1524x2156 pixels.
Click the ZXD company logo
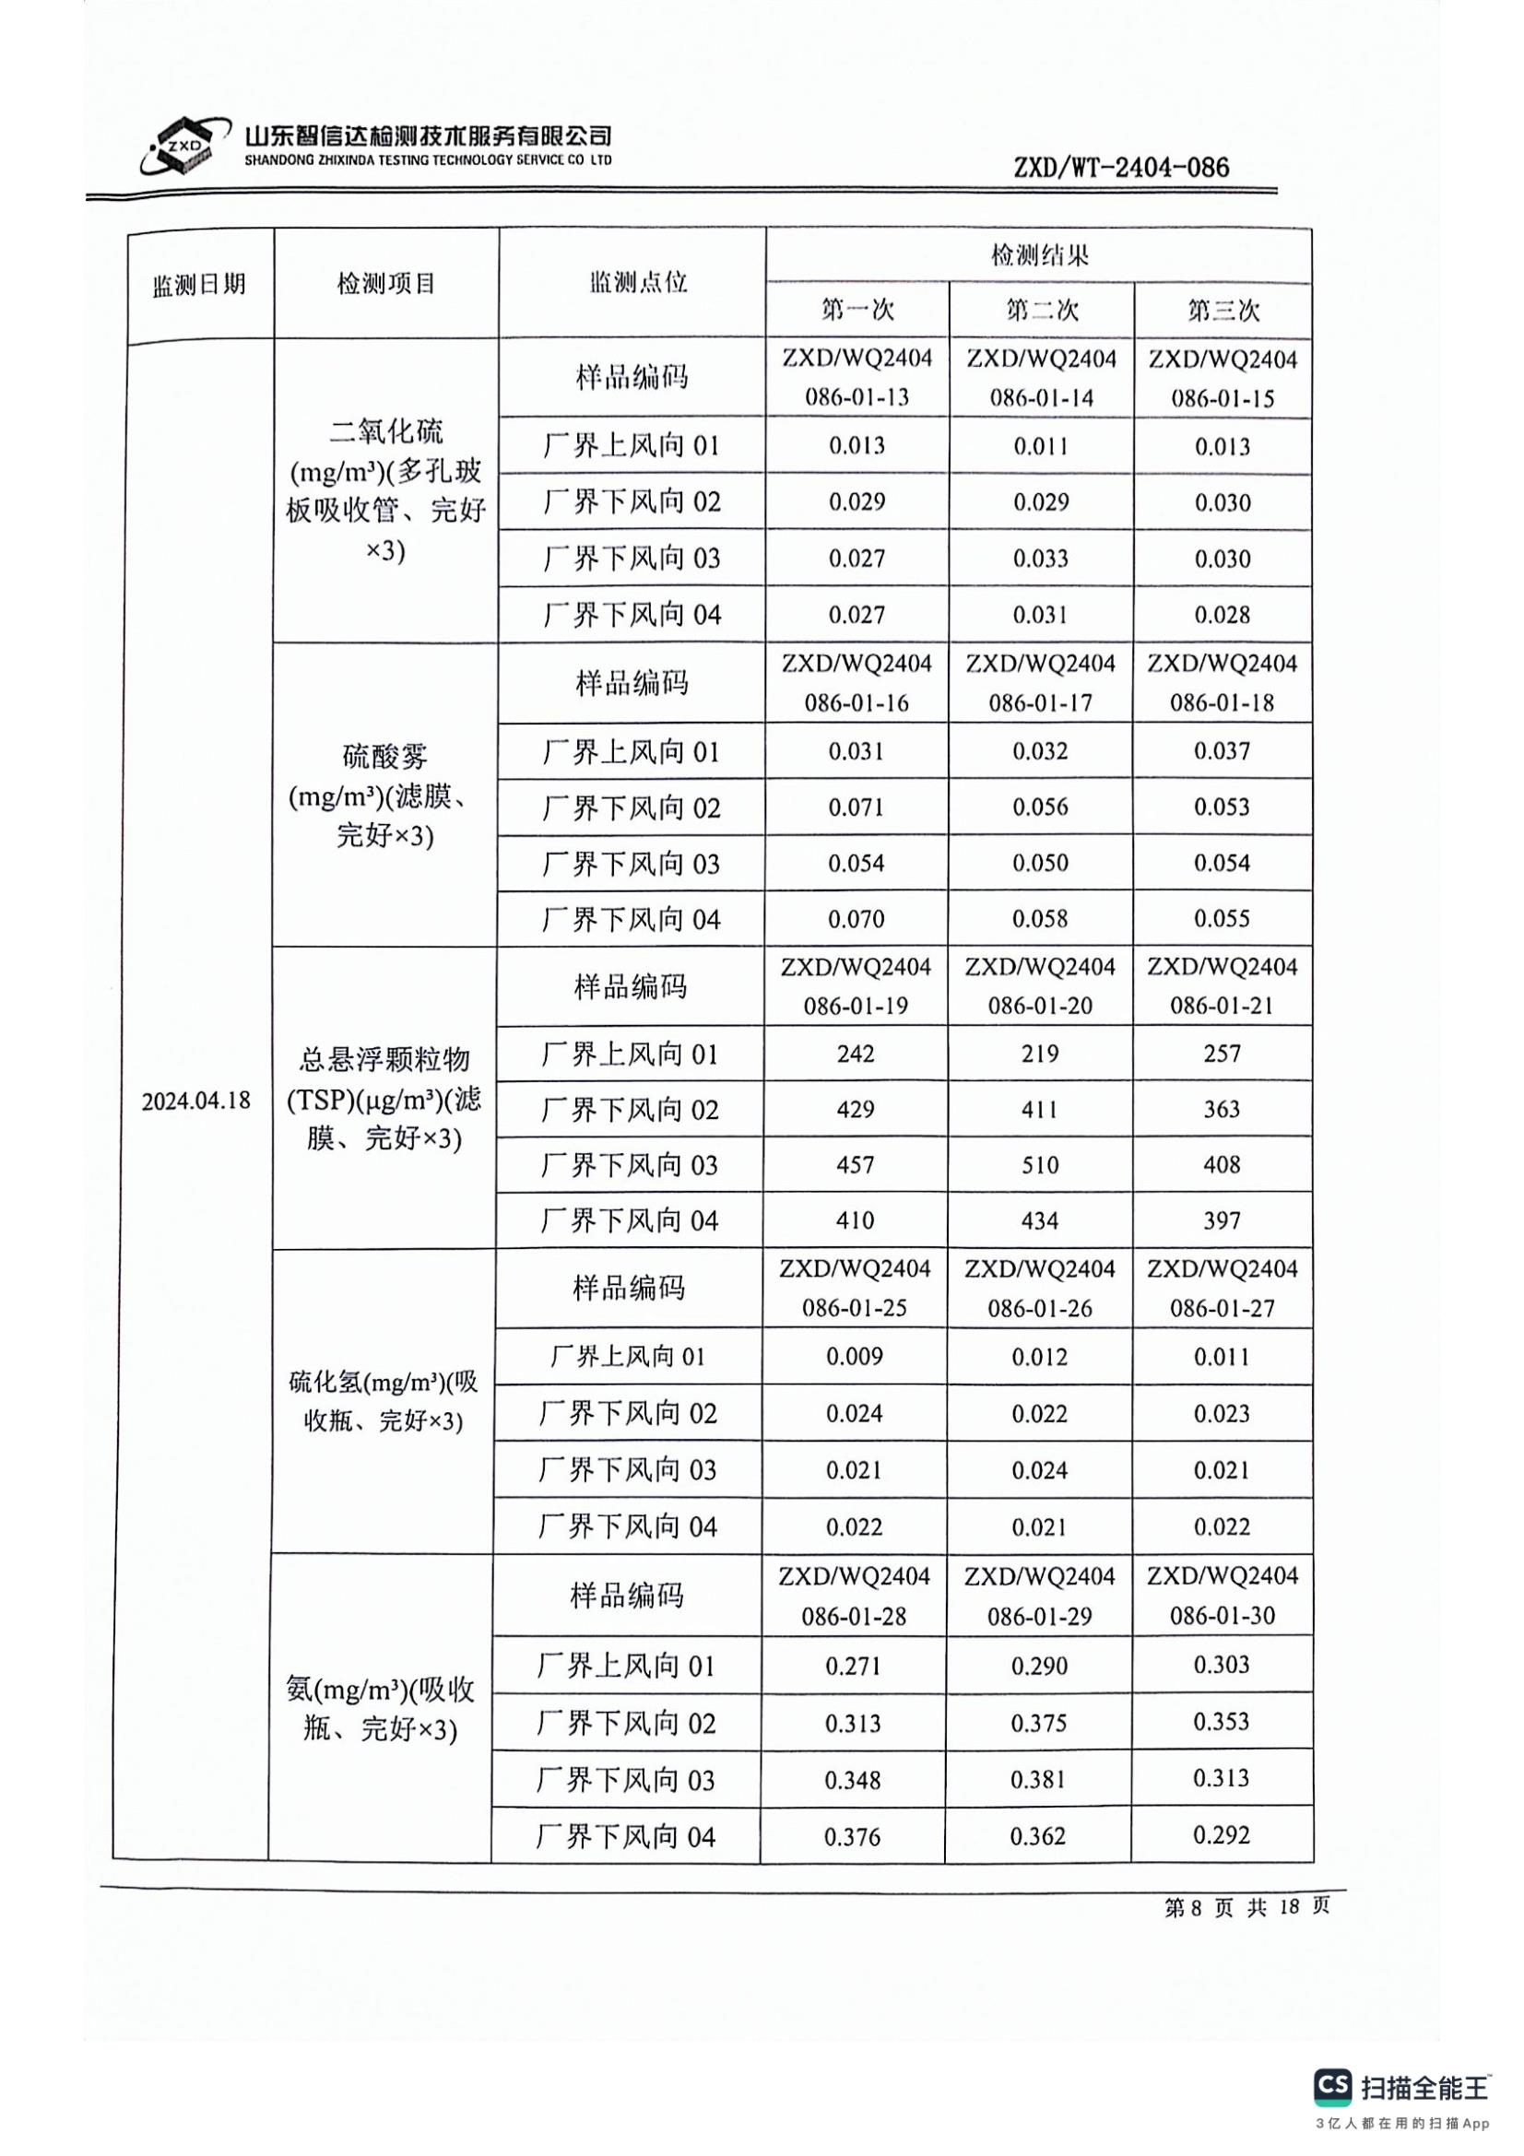[184, 147]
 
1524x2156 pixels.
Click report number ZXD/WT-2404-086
[1121, 168]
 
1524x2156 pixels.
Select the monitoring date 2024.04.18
[196, 1100]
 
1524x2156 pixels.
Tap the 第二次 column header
[1041, 310]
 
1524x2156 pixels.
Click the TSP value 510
[1039, 1165]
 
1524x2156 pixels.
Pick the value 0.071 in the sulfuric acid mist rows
[856, 807]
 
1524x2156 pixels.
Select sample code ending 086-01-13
[857, 379]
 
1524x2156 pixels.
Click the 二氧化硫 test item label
[386, 433]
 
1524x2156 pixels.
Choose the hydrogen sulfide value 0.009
[855, 1356]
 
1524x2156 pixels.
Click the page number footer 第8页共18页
[1247, 1907]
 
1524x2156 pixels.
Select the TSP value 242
[856, 1054]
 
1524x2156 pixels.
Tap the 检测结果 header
[1039, 254]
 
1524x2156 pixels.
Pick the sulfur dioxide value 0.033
[1040, 559]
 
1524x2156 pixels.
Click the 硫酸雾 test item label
[385, 755]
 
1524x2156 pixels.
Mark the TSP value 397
[1222, 1220]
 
